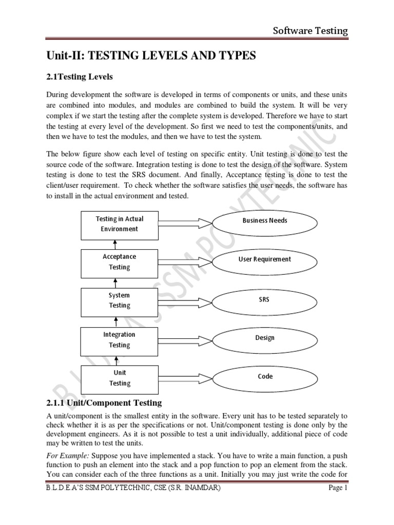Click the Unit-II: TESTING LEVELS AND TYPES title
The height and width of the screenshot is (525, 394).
pyautogui.click(x=151, y=56)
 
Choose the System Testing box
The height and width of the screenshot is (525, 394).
pyautogui.click(x=120, y=300)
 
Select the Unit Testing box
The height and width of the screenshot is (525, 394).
pyautogui.click(x=120, y=378)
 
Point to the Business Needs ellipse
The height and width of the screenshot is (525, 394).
pyautogui.click(x=265, y=220)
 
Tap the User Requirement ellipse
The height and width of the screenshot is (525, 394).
pyautogui.click(x=265, y=259)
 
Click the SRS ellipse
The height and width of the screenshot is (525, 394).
pyautogui.click(x=265, y=299)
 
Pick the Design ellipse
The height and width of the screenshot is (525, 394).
pyautogui.click(x=265, y=338)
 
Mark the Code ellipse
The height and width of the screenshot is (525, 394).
pyautogui.click(x=265, y=376)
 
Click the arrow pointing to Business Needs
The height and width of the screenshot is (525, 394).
pyautogui.click(x=185, y=222)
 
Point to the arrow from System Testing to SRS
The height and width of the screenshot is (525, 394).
pyautogui.click(x=185, y=301)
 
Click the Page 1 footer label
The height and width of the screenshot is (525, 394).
pyautogui.click(x=338, y=502)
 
